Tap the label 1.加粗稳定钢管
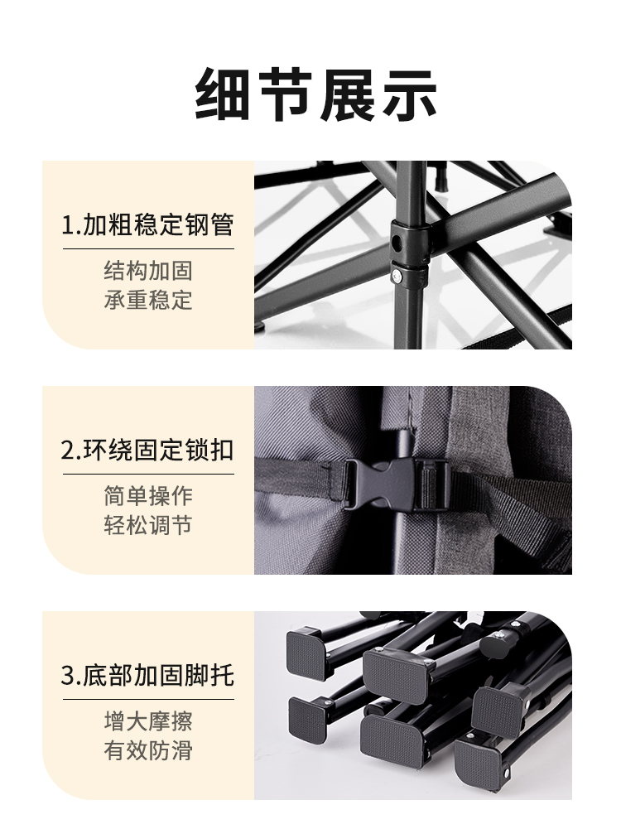pos(148,225)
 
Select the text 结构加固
pos(148,271)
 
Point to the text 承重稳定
pos(148,300)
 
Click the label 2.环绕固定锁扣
pos(148,451)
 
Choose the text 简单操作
pos(148,496)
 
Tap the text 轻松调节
pos(148,525)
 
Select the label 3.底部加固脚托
pos(148,676)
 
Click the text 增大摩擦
pos(148,721)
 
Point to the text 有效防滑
pos(148,750)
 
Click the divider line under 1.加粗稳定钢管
pos(148,248)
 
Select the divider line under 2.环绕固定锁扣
pos(148,474)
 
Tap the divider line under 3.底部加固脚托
pos(148,699)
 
